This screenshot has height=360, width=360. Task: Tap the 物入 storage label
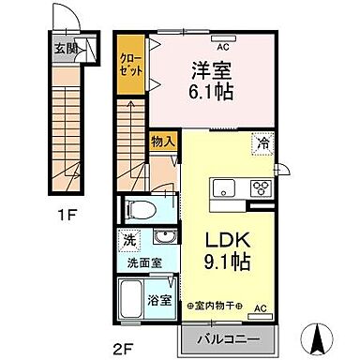tap(161, 141)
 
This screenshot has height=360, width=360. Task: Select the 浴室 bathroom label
tap(160, 301)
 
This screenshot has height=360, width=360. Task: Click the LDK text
tap(228, 238)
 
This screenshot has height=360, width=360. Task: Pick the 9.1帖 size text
tap(228, 262)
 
